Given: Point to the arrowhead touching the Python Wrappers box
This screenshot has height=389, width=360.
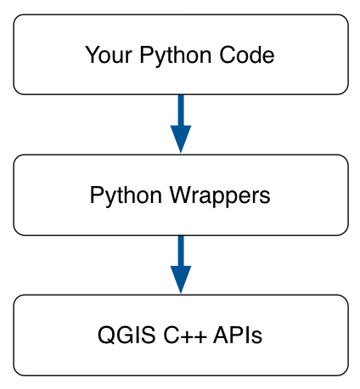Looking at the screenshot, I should (x=180, y=139).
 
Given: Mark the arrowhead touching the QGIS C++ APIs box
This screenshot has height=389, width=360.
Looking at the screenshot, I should (x=180, y=279).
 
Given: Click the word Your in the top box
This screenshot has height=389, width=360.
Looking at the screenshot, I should (x=104, y=56).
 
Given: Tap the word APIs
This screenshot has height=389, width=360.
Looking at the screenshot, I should (x=237, y=335).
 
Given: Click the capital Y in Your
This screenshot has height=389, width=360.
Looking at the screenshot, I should (x=90, y=56).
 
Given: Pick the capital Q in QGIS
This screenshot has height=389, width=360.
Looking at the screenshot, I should (x=105, y=335).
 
